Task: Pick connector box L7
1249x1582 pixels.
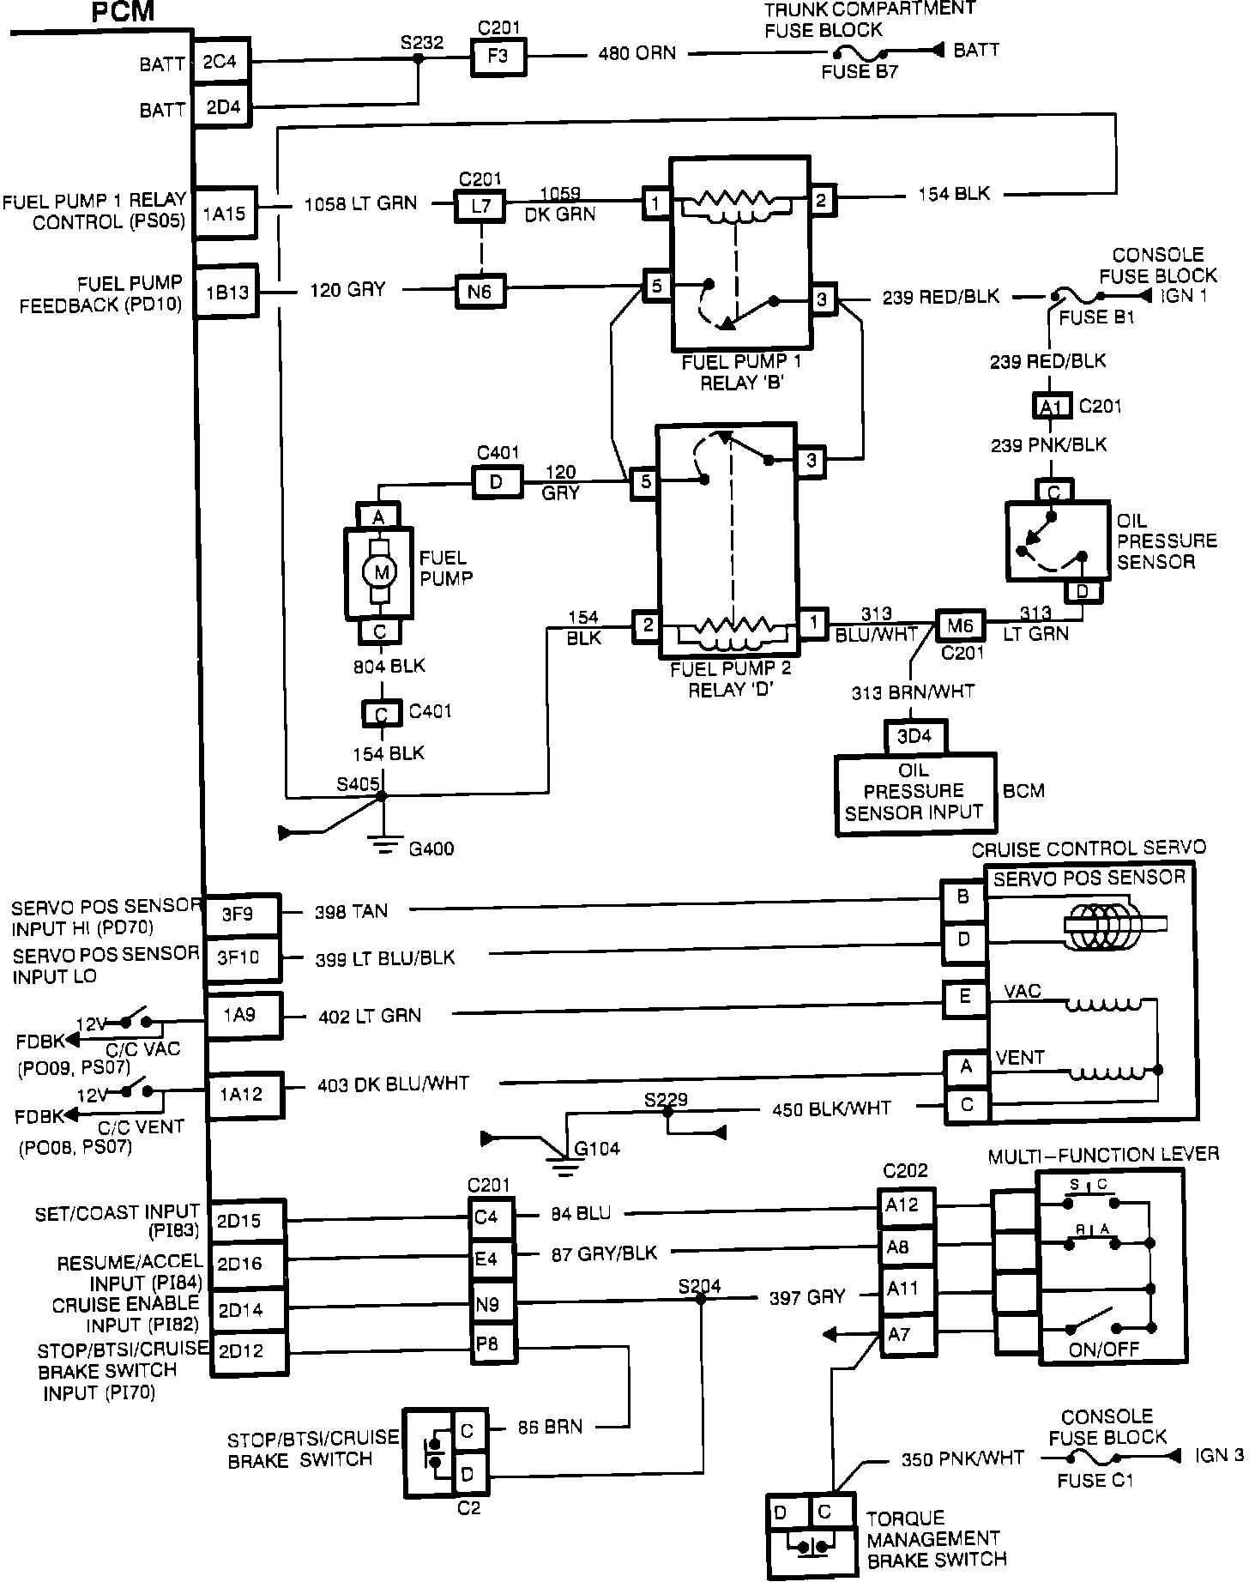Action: coord(480,206)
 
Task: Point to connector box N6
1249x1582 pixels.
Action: coord(480,292)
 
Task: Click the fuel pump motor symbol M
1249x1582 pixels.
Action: coord(378,572)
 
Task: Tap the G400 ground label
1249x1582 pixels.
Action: coord(431,849)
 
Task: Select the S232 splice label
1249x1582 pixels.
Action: coord(422,43)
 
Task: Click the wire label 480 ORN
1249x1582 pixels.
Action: coord(637,53)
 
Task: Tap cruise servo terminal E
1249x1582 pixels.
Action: coord(964,999)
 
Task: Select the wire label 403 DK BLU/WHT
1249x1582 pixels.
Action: coord(394,1084)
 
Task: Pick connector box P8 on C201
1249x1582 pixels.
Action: coord(492,1344)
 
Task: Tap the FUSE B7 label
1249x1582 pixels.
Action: coord(860,72)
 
